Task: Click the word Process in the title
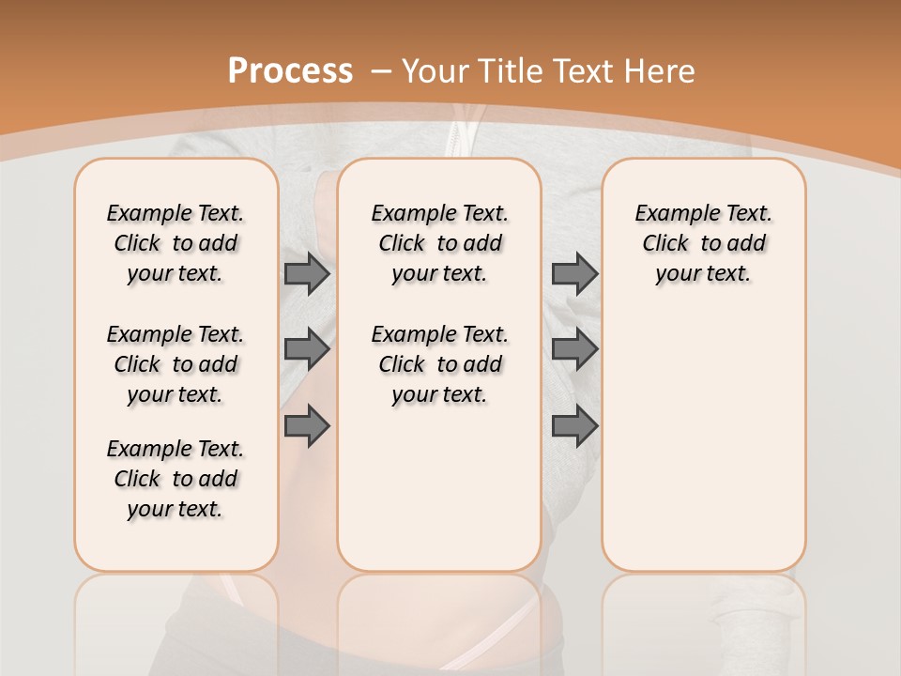click(x=290, y=70)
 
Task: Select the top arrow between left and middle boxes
click(x=307, y=274)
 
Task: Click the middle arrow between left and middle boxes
click(x=307, y=349)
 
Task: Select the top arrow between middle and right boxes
click(x=574, y=274)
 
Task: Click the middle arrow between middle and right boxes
click(x=574, y=349)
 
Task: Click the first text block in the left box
click(x=176, y=243)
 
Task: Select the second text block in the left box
click(x=176, y=364)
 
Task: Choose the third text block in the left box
click(x=176, y=479)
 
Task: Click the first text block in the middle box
click(x=439, y=243)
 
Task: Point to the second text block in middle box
click(x=439, y=364)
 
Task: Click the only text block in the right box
click(x=703, y=243)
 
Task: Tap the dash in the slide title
click(x=381, y=72)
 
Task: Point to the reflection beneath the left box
click(x=176, y=620)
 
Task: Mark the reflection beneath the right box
click(x=703, y=620)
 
